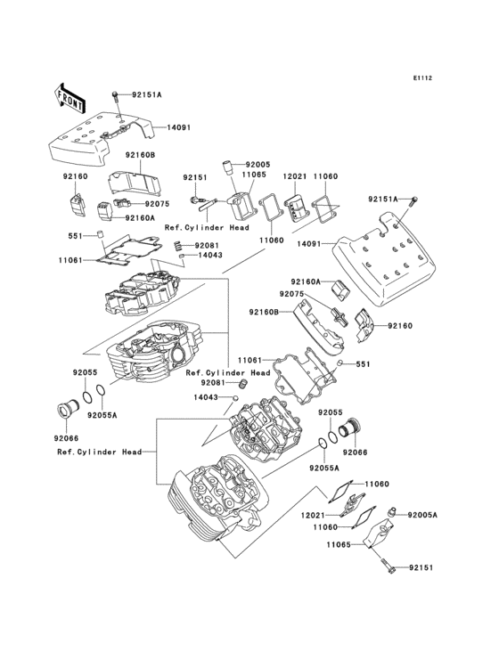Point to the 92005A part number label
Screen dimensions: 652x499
point(423,515)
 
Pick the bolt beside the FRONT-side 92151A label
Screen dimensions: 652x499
point(116,96)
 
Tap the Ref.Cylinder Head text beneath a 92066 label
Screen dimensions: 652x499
point(99,452)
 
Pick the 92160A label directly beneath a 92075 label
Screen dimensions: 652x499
point(140,217)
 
